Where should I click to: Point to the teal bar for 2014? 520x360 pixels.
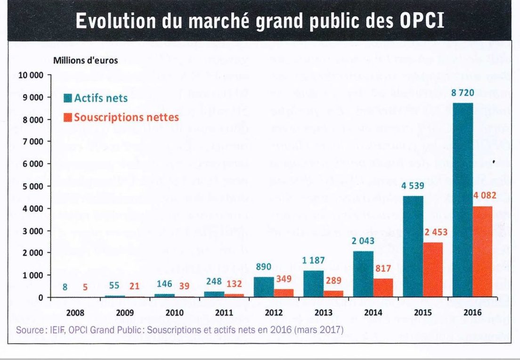363,274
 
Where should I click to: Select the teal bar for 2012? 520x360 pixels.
264,287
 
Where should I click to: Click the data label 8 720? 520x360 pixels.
463,94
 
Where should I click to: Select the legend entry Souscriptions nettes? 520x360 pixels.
121,116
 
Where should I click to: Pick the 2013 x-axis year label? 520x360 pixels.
323,312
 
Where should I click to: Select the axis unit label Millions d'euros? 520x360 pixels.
85,60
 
